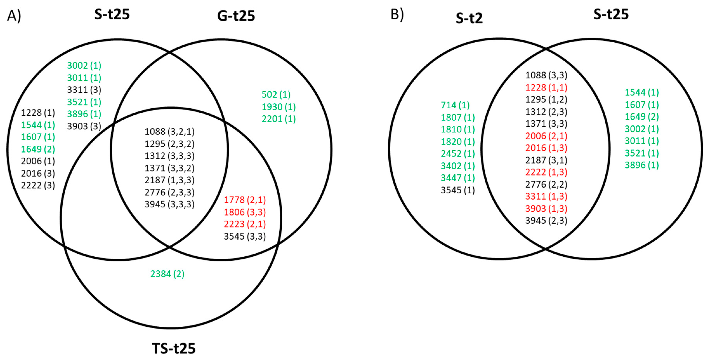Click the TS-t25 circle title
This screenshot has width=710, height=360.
(174, 348)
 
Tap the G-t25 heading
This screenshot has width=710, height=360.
(236, 16)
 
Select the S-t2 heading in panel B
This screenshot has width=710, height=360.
(469, 18)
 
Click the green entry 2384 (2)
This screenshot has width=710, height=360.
(167, 274)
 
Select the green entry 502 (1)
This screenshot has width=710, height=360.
(276, 95)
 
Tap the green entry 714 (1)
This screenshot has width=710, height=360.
(455, 105)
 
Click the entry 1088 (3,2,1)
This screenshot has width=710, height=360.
(169, 131)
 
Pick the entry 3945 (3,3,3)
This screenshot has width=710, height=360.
(169, 204)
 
